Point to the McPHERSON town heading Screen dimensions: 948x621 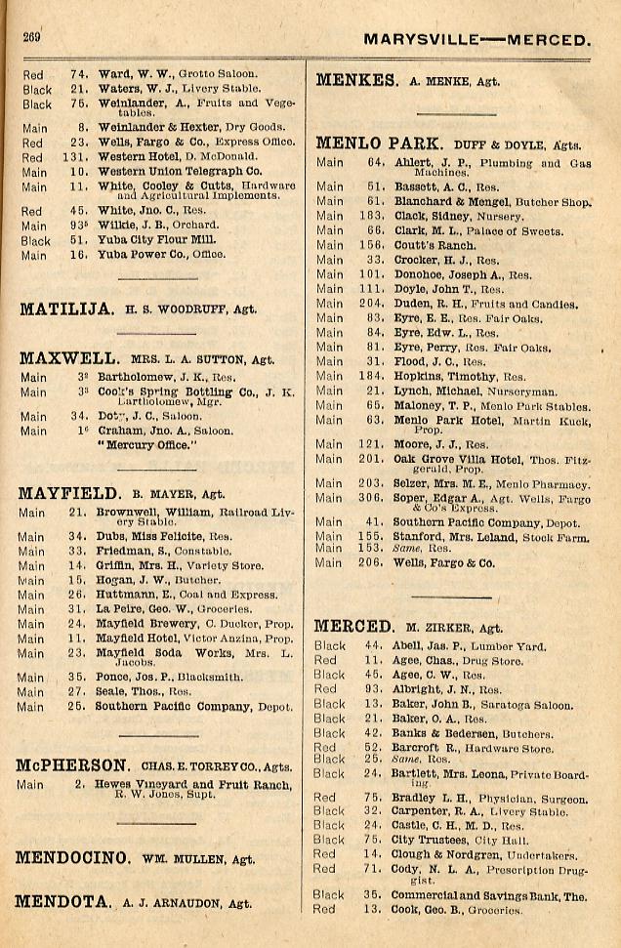click(x=72, y=765)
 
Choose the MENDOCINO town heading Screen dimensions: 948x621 click(x=72, y=858)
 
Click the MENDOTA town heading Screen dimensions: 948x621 click(x=62, y=902)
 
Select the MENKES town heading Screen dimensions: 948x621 click(x=355, y=81)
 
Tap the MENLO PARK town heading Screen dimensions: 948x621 click(x=380, y=144)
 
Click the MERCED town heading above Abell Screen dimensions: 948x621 click(x=353, y=627)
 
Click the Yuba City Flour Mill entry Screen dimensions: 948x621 click(x=146, y=240)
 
